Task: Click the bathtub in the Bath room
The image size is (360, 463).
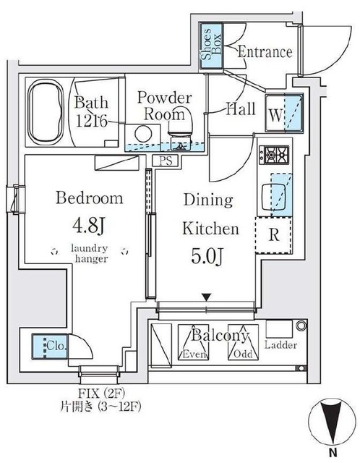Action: pyautogui.click(x=46, y=112)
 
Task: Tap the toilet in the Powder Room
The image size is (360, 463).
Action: pyautogui.click(x=180, y=130)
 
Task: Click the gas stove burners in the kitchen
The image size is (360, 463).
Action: pyautogui.click(x=274, y=155)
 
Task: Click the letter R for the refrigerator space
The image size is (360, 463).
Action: pyautogui.click(x=274, y=235)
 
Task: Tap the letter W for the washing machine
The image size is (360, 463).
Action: pyautogui.click(x=275, y=115)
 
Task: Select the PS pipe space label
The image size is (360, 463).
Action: pyautogui.click(x=166, y=161)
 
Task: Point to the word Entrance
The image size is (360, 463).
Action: pyautogui.click(x=265, y=52)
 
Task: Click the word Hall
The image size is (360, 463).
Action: pyautogui.click(x=241, y=109)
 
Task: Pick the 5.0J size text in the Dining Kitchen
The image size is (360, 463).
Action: pyautogui.click(x=207, y=255)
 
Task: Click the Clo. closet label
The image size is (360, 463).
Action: pyautogui.click(x=57, y=345)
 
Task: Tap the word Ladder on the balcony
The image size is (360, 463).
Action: pyautogui.click(x=280, y=345)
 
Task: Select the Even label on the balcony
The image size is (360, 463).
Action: pyautogui.click(x=195, y=354)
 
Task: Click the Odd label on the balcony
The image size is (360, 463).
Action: pyautogui.click(x=243, y=354)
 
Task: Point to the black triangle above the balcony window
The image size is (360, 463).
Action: pyautogui.click(x=207, y=297)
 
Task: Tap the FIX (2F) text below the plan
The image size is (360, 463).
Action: pyautogui.click(x=102, y=393)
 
